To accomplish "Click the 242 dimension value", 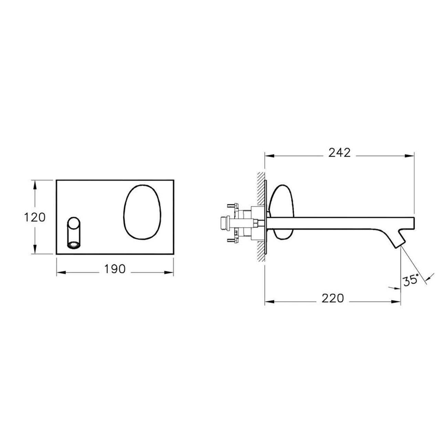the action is pos(340,153).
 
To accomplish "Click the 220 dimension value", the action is pos(333,299).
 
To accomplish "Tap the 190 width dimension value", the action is pos(115,269).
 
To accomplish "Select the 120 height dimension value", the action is pos(35,217).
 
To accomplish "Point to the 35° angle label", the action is pos(411,281).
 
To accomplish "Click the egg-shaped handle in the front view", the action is pos(142,212).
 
